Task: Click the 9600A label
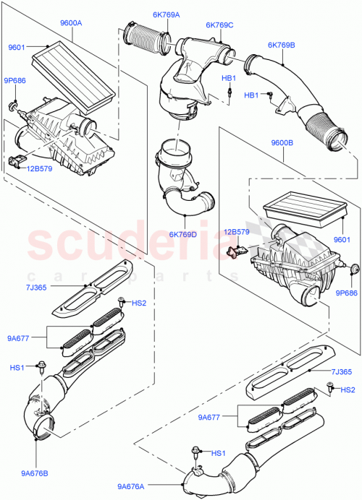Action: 71,23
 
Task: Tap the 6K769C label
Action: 219,25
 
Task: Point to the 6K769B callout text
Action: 280,45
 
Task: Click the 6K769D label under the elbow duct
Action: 184,233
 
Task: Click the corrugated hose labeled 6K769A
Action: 148,39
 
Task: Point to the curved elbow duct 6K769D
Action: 184,195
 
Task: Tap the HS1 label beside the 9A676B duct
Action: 17,368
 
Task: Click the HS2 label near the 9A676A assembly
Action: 348,391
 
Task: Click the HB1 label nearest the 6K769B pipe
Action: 251,95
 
